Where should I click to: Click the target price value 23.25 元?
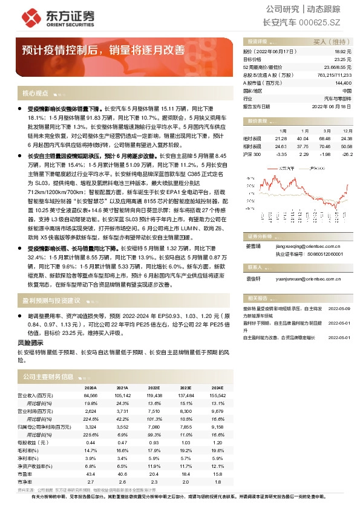point(342,60)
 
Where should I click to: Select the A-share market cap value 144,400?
point(342,82)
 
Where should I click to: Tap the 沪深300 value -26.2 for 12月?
point(347,154)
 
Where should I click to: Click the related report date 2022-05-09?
point(339,308)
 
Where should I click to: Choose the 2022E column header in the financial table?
point(154,387)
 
